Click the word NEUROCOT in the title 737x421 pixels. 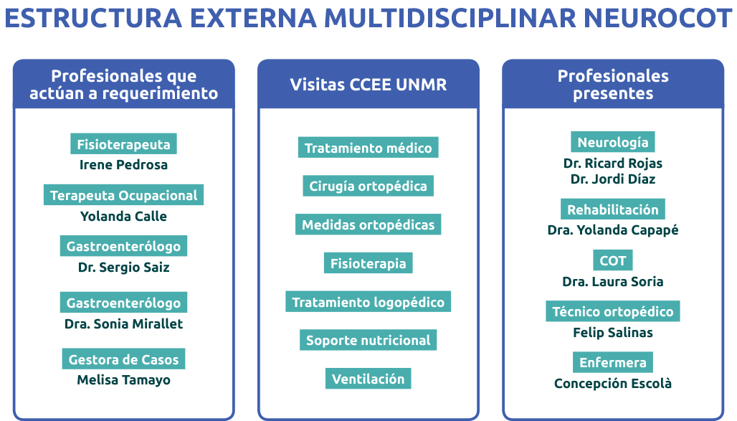pos(657,18)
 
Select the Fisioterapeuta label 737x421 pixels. pos(123,143)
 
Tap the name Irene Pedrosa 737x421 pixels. pos(123,165)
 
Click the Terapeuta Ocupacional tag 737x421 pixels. pos(123,195)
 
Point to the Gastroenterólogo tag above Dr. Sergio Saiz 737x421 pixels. pos(123,245)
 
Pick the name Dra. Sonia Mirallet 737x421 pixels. pos(123,323)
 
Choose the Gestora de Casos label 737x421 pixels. pos(123,359)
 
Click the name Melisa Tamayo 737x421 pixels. pos(123,380)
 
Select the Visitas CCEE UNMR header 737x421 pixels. pos(368,85)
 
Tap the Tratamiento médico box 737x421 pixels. pos(368,147)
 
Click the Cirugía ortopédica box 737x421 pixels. pos(368,186)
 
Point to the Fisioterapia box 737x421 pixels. pos(368,263)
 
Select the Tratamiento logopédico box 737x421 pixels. pos(368,301)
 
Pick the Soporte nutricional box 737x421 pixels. pos(368,340)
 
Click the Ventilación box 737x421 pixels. pos(368,379)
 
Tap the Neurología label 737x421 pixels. pos(613,141)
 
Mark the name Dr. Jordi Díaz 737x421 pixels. pos(613,179)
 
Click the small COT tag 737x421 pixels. pos(613,260)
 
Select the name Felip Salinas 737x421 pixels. pos(613,333)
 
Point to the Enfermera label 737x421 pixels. pos(613,362)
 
